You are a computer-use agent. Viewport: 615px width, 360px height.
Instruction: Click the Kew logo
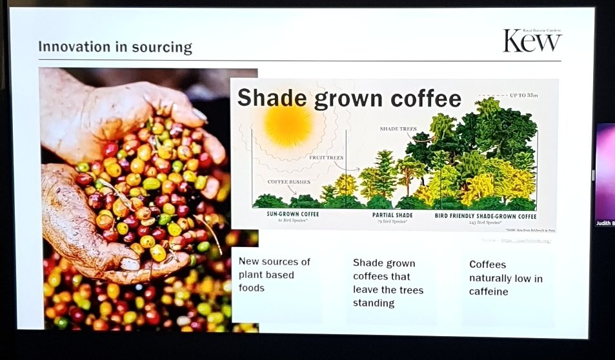click(x=532, y=41)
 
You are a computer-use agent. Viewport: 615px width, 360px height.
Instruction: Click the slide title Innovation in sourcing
click(x=115, y=47)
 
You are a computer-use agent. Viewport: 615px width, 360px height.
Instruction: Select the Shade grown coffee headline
click(x=349, y=97)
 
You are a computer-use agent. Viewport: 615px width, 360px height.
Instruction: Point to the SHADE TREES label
click(x=399, y=129)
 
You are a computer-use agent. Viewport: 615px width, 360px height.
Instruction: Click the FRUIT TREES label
click(x=325, y=157)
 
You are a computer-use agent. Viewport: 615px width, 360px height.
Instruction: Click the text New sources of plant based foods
click(x=274, y=275)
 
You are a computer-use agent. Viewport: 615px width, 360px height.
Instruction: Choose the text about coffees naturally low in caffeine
click(x=505, y=278)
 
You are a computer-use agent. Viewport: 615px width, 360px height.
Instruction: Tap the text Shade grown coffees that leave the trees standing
click(x=388, y=283)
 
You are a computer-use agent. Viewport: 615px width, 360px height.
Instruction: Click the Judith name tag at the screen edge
click(x=605, y=223)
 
